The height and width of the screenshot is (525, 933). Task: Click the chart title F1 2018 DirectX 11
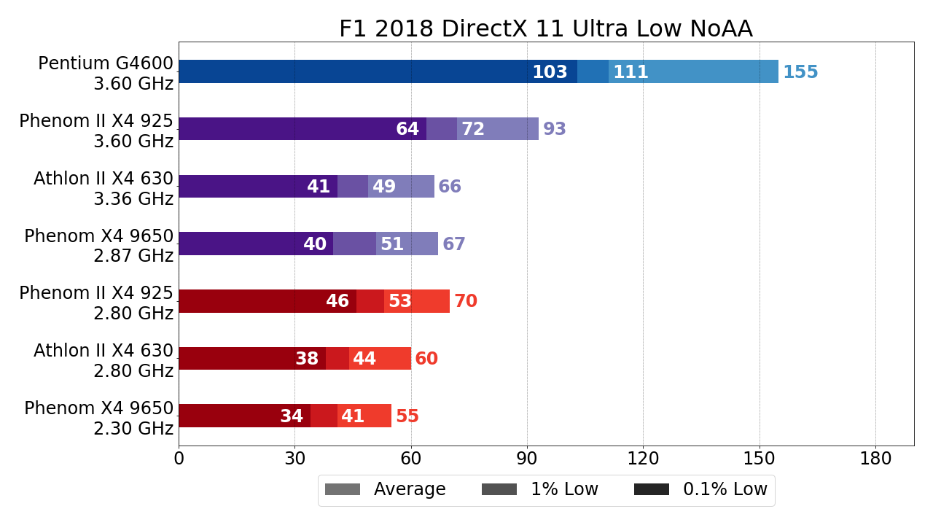tap(545, 29)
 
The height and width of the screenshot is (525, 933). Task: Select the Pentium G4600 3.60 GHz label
tap(105, 74)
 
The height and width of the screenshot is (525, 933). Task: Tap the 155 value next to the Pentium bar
tap(800, 73)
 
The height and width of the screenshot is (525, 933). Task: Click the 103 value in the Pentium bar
tap(550, 73)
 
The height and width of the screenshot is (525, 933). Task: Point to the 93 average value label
tap(555, 130)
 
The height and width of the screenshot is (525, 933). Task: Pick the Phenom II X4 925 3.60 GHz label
tap(96, 131)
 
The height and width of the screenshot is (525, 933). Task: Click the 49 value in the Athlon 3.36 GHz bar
tap(384, 187)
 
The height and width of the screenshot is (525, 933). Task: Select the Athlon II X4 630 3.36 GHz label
tap(104, 189)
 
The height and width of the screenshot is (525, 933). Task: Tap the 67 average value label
tap(454, 245)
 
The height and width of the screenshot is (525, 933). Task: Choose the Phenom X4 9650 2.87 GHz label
tap(99, 246)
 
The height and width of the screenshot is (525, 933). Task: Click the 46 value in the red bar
tap(337, 302)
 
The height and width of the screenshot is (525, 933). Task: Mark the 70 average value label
tap(466, 302)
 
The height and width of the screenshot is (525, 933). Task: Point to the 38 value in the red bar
tap(307, 359)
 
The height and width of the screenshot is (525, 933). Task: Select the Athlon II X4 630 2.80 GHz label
tap(104, 361)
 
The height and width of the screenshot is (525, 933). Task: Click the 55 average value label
tap(407, 417)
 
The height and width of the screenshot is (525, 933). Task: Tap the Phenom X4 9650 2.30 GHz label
tap(99, 419)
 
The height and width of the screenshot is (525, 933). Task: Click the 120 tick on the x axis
tap(643, 459)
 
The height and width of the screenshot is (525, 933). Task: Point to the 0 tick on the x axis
tap(179, 459)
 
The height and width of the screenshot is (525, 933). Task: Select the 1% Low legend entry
tap(540, 490)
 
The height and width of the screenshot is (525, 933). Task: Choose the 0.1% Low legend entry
tap(700, 490)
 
